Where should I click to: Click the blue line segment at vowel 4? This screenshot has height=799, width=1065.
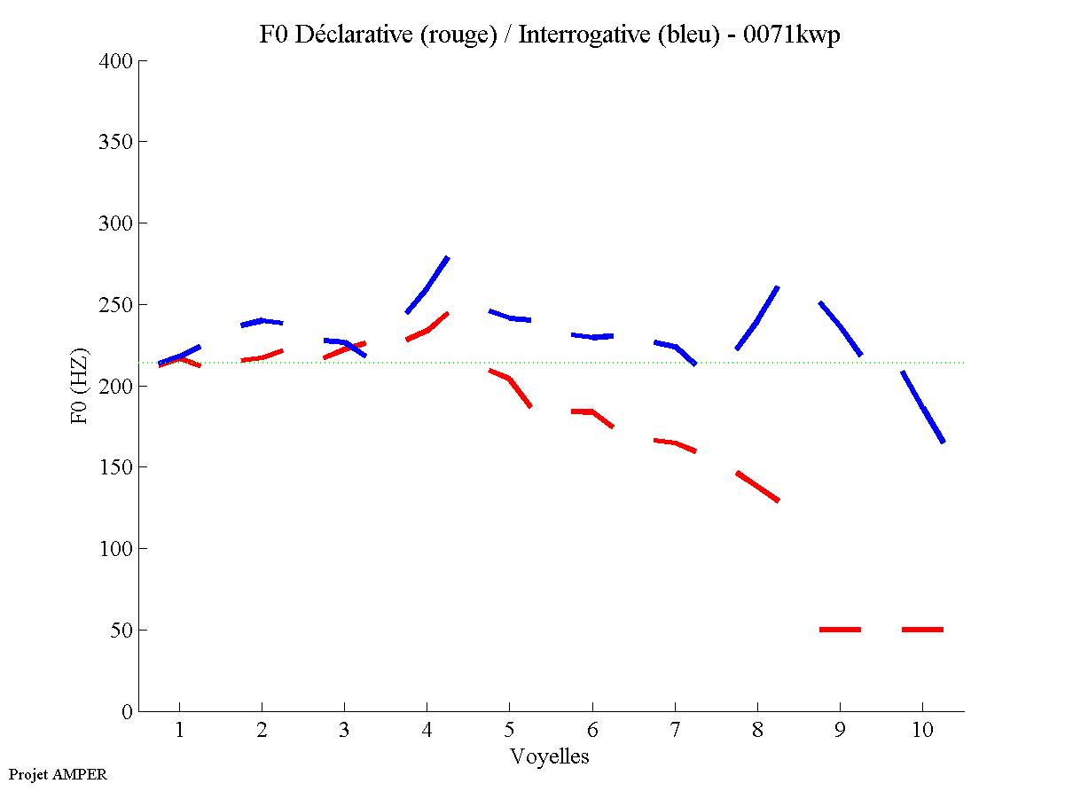[x=427, y=286]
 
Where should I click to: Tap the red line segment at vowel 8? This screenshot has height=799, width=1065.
[x=757, y=487]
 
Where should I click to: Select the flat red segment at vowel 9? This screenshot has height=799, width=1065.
[x=840, y=629]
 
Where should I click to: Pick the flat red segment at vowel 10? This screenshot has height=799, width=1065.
[x=922, y=629]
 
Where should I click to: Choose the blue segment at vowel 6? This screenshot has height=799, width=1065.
[x=592, y=336]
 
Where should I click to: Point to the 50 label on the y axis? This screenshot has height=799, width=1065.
[x=123, y=631]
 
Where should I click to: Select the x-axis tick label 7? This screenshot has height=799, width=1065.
[x=675, y=732]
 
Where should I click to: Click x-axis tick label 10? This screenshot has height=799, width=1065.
[x=922, y=732]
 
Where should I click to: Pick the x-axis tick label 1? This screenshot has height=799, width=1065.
[x=180, y=732]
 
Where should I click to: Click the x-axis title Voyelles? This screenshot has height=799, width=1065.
[x=550, y=757]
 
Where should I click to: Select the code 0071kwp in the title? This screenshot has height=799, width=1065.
[x=791, y=35]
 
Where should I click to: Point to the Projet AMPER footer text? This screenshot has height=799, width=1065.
[x=58, y=774]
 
